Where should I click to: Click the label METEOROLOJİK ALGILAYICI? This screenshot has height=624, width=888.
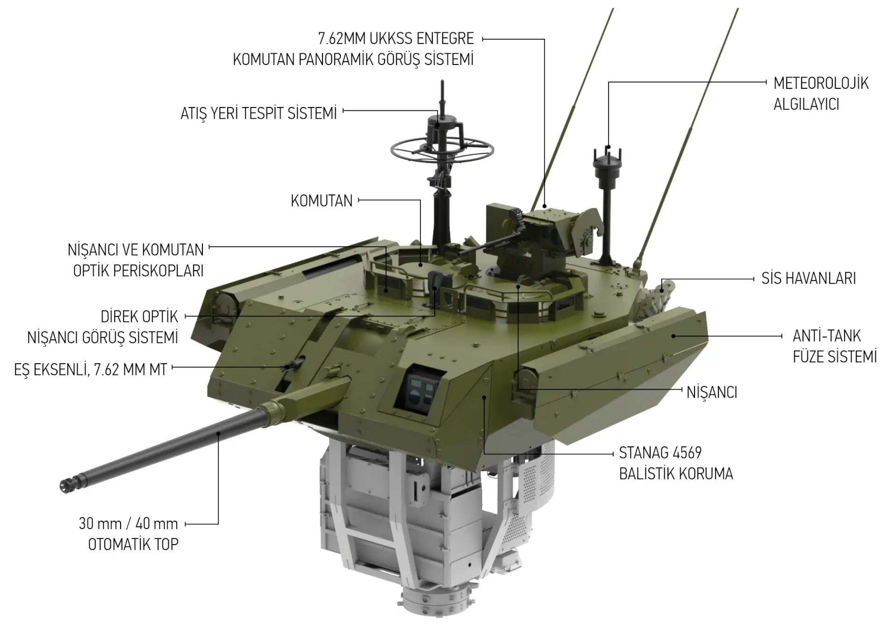click(821, 93)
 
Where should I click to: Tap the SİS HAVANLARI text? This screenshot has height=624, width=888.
click(809, 279)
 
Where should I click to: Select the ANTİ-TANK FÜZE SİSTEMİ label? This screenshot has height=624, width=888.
click(835, 346)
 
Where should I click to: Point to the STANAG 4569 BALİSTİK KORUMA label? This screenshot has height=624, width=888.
click(676, 463)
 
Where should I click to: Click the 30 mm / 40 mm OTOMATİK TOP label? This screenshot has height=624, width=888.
click(129, 534)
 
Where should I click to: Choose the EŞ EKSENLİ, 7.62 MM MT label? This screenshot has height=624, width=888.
click(91, 370)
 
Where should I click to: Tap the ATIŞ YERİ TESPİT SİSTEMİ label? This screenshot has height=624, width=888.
click(258, 114)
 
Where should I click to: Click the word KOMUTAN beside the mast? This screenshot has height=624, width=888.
click(322, 201)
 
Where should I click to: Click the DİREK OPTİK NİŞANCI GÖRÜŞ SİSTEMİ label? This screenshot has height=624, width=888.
click(103, 327)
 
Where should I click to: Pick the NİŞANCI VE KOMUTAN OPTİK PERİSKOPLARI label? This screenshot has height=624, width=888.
click(136, 260)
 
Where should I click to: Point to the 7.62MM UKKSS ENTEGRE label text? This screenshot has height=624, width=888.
click(396, 38)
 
